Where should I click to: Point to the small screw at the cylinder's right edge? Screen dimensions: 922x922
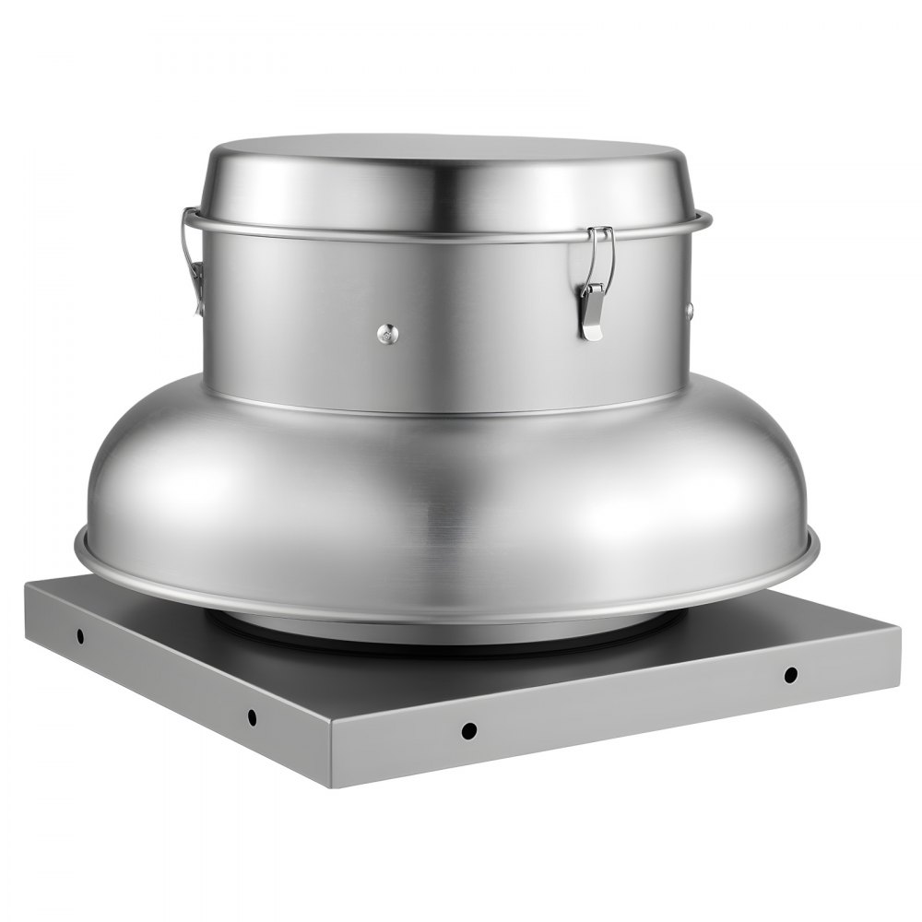pyautogui.click(x=689, y=310)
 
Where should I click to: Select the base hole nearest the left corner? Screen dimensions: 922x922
pyautogui.click(x=80, y=635)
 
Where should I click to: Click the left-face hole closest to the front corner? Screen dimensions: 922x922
pyautogui.click(x=251, y=715)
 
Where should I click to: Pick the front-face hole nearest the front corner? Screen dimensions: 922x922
pyautogui.click(x=468, y=730)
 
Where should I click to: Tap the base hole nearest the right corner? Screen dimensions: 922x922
pyautogui.click(x=790, y=674)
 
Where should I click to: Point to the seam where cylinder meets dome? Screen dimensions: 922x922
pyautogui.click(x=443, y=406)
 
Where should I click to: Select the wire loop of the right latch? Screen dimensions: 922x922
pyautogui.click(x=604, y=254)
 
